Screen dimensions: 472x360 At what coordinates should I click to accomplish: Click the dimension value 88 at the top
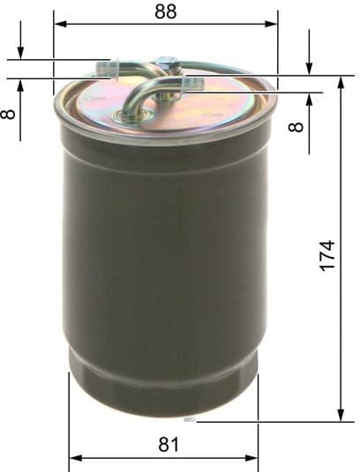(x=165, y=11)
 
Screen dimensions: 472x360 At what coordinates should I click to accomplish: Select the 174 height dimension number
(x=326, y=255)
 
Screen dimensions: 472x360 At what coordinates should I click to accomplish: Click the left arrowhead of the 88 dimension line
(x=58, y=24)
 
